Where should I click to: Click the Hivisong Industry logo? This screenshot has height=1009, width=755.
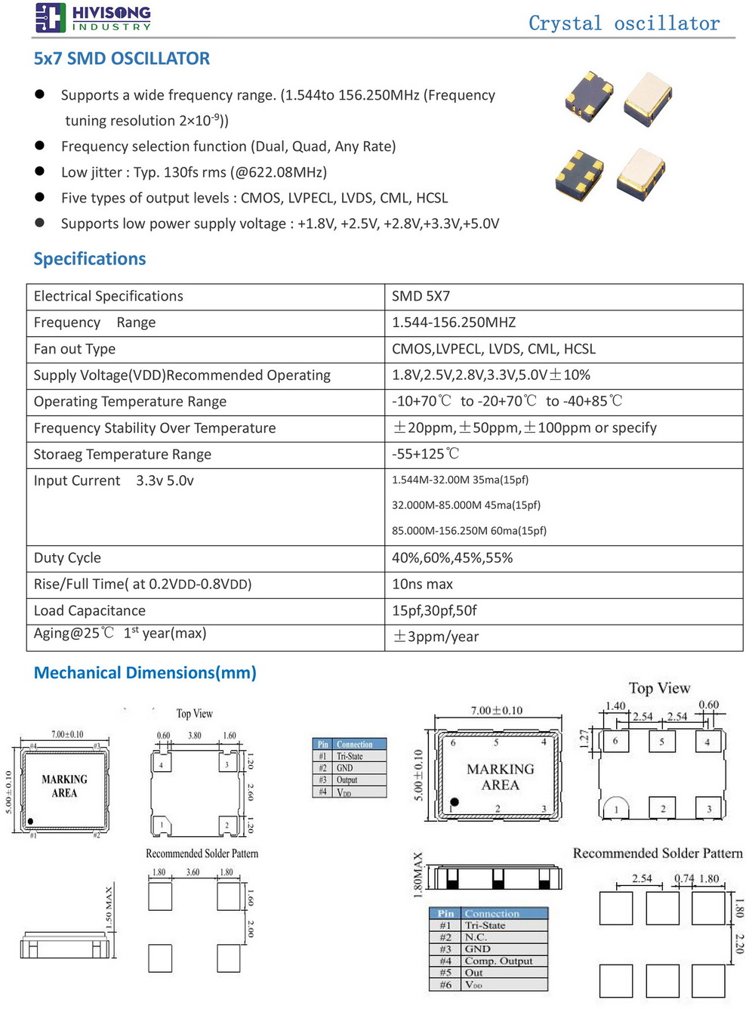click(93, 17)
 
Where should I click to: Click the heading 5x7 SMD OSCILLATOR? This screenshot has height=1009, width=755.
click(122, 59)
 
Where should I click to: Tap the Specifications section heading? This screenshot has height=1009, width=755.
click(90, 259)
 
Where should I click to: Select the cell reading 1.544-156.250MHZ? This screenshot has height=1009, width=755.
click(454, 322)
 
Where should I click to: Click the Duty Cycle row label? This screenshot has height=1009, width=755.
click(67, 558)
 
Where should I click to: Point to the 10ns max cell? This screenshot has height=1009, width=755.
click(422, 584)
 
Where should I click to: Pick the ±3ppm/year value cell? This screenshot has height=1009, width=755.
click(436, 637)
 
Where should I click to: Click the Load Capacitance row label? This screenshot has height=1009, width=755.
click(89, 610)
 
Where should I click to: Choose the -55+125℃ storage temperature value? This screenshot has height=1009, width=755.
click(425, 454)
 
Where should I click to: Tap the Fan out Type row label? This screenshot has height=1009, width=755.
click(74, 349)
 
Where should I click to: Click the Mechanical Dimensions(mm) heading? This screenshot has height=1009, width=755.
click(145, 673)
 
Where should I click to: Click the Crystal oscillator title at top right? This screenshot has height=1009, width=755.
click(624, 23)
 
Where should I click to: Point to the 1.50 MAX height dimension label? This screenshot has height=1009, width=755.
click(109, 908)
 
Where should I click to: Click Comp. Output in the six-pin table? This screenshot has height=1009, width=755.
click(498, 961)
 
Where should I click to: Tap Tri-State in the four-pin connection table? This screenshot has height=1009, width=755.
click(350, 756)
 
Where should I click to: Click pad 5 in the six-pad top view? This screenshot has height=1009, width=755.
click(662, 742)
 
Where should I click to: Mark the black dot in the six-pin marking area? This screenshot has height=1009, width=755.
click(455, 802)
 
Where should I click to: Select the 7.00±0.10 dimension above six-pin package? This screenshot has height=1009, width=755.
click(496, 711)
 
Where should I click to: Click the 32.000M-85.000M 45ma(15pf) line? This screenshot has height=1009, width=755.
click(466, 505)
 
